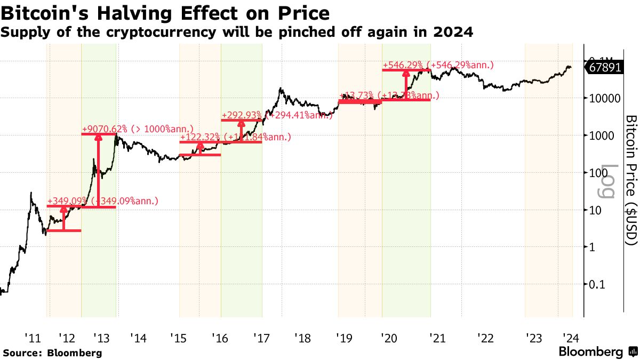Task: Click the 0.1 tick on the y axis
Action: (597, 284)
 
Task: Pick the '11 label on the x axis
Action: (33, 338)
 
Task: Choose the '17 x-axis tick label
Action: (261, 338)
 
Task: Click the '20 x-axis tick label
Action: (388, 338)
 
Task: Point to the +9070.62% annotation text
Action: (105, 129)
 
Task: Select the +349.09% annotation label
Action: (67, 201)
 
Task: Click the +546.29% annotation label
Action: (405, 65)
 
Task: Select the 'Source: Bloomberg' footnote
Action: (52, 353)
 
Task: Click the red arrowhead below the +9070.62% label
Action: (99, 137)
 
